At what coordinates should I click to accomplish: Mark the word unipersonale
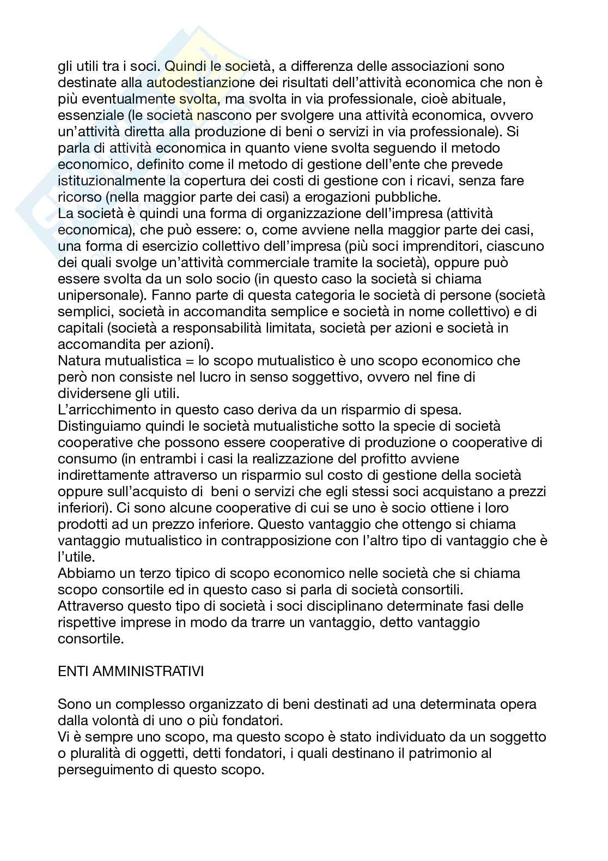(x=99, y=295)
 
